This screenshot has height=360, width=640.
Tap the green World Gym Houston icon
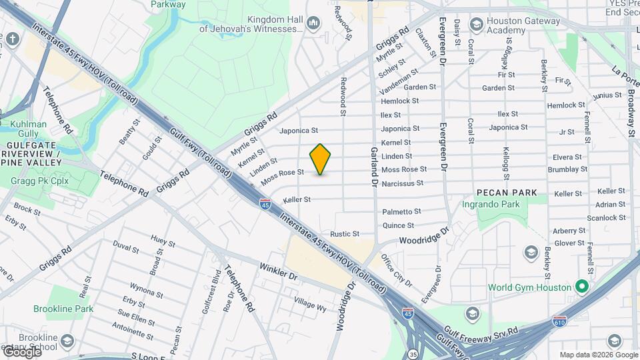pos(581,287)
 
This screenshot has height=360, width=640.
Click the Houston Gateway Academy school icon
pos(476,25)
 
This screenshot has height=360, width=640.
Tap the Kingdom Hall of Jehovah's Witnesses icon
pos(313,25)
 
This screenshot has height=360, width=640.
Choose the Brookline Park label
pos(64,309)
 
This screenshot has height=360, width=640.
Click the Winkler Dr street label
pos(278,271)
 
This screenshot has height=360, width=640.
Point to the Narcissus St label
pos(403,183)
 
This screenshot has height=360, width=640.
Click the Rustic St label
pos(345,234)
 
